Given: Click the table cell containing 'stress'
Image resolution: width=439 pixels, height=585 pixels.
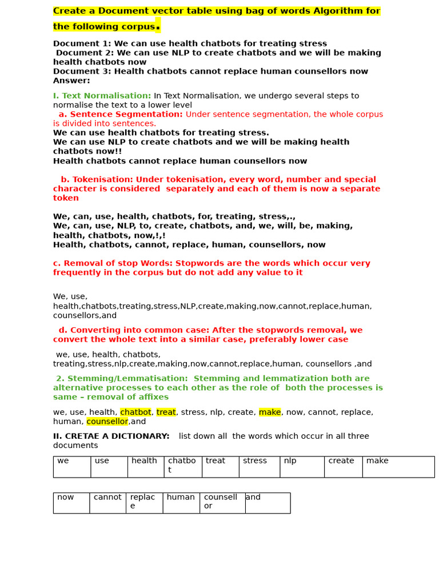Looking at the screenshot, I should tap(259, 466).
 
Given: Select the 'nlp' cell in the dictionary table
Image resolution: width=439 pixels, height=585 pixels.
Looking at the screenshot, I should tap(302, 466).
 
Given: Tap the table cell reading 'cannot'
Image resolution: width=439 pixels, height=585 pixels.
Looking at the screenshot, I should tap(107, 502).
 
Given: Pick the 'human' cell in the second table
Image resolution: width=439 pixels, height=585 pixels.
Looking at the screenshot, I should tap(181, 502).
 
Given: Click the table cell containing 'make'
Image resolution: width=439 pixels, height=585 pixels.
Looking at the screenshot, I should tap(398, 466).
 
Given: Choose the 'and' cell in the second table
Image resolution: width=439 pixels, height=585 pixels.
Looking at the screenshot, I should tap(267, 502).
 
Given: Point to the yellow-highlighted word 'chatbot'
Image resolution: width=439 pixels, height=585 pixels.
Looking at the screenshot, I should tap(135, 412).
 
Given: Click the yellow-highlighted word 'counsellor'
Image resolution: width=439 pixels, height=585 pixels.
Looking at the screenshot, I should tap(107, 422).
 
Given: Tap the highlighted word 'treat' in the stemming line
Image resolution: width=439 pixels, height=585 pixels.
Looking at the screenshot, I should tap(166, 412).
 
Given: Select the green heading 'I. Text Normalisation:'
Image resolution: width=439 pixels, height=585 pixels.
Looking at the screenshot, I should tap(102, 96).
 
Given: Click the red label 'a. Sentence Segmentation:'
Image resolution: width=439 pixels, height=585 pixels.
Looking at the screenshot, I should tap(121, 114).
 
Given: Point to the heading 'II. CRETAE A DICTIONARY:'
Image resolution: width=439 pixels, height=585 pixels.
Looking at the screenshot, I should tap(111, 436).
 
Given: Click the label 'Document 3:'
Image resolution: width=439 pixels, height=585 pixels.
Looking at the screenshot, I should tap(82, 71).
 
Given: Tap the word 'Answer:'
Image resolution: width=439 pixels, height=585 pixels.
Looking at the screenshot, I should tap(71, 81).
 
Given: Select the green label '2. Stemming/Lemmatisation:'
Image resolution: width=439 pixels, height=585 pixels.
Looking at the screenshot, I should tap(122, 378).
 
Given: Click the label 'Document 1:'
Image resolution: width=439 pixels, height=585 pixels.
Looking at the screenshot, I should tap(82, 43).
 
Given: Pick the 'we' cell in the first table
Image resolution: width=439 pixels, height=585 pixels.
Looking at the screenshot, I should tap(71, 466).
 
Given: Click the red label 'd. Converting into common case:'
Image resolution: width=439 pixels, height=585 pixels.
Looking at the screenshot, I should tap(139, 330).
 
